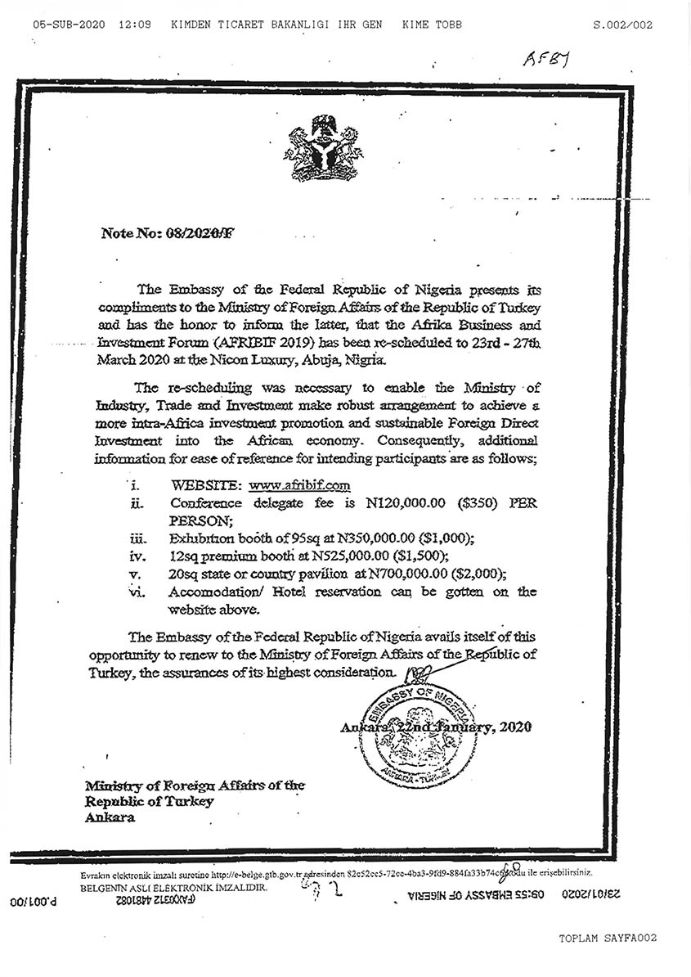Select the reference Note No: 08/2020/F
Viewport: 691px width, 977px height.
(x=167, y=233)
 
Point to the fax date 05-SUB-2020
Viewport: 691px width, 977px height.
(x=69, y=25)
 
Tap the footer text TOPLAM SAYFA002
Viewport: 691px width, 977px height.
(x=608, y=938)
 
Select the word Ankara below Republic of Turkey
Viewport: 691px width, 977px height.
(x=110, y=817)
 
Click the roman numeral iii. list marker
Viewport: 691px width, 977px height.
(x=138, y=538)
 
